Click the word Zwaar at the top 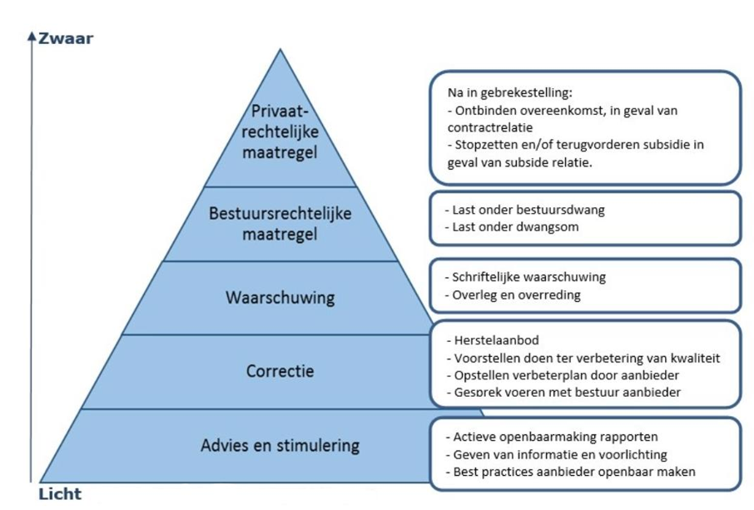[66, 38]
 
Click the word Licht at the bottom [60, 495]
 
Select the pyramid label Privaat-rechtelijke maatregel [280, 133]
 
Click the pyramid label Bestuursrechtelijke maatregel [280, 224]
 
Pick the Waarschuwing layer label [280, 298]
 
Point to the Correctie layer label [280, 371]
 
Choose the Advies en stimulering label [280, 445]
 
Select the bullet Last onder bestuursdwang [524, 210]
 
